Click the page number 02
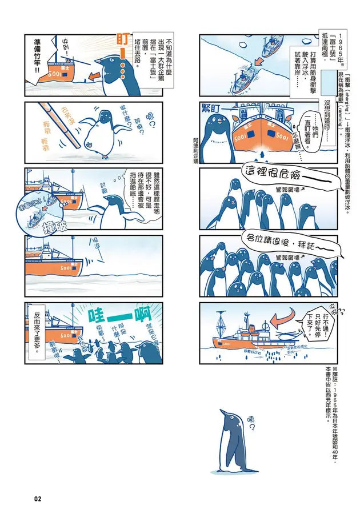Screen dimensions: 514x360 pos(38,499)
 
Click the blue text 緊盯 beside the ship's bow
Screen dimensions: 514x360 pos(214,107)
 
